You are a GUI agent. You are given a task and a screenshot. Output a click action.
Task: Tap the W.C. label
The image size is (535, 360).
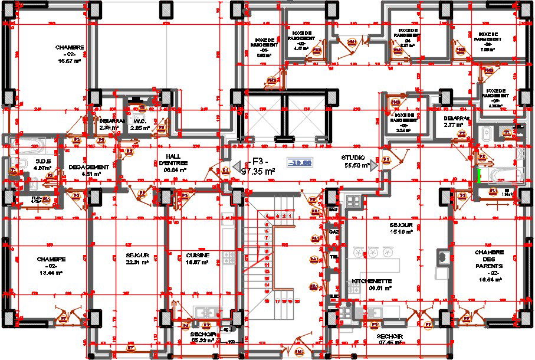click(x=140, y=124)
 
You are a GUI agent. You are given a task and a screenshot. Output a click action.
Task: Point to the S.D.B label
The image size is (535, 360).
click(x=42, y=164)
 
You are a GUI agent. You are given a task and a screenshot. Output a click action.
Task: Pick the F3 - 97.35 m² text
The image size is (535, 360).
click(x=258, y=166)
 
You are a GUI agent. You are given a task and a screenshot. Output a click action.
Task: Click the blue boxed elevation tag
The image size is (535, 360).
click(x=300, y=163)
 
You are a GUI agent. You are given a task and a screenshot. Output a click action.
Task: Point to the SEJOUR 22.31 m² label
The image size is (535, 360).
click(x=136, y=258)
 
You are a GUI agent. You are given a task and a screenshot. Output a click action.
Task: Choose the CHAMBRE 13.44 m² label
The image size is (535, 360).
click(x=51, y=263)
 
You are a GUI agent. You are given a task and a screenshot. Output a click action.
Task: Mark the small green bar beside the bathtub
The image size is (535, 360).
click(x=479, y=175)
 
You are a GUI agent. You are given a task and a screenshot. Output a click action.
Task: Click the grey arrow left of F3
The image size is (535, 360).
click(x=235, y=166)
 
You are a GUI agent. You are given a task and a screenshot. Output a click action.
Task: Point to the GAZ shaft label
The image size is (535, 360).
click(x=333, y=232)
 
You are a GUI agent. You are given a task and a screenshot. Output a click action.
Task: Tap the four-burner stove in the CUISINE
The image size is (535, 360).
click(x=229, y=257)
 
